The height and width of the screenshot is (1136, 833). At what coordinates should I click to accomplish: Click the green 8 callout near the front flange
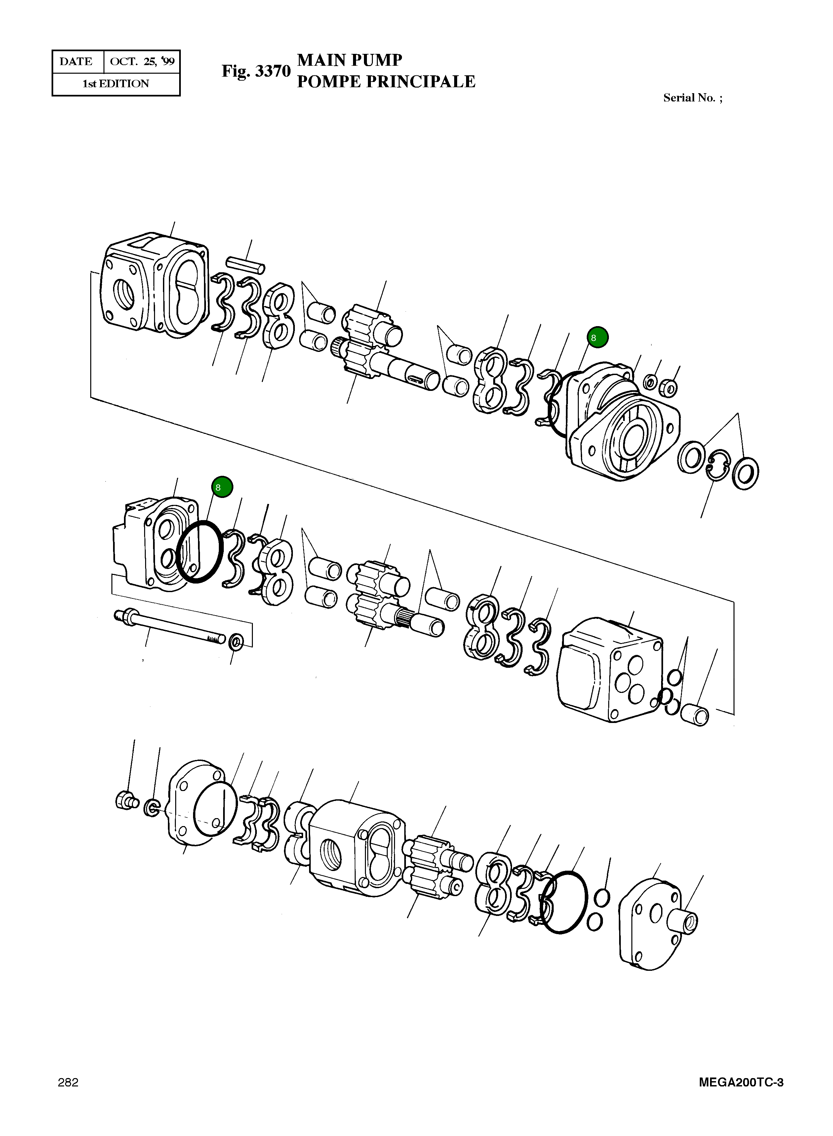pyautogui.click(x=598, y=337)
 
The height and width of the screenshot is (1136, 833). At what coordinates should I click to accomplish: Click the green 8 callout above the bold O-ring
pyautogui.click(x=222, y=487)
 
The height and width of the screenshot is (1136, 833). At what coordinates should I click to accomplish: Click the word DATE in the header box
pyautogui.click(x=76, y=61)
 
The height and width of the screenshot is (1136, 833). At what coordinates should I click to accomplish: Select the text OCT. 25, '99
pyautogui.click(x=142, y=61)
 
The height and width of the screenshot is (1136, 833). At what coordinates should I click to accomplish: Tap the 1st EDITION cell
pyautogui.click(x=116, y=84)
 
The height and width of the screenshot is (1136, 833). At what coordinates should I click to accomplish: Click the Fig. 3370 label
pyautogui.click(x=256, y=71)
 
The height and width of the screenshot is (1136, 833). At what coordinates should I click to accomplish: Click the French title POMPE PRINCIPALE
pyautogui.click(x=386, y=82)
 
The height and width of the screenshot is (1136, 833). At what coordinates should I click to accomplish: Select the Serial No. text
pyautogui.click(x=692, y=98)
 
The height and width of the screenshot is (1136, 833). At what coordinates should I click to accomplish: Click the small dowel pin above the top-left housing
pyautogui.click(x=246, y=265)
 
